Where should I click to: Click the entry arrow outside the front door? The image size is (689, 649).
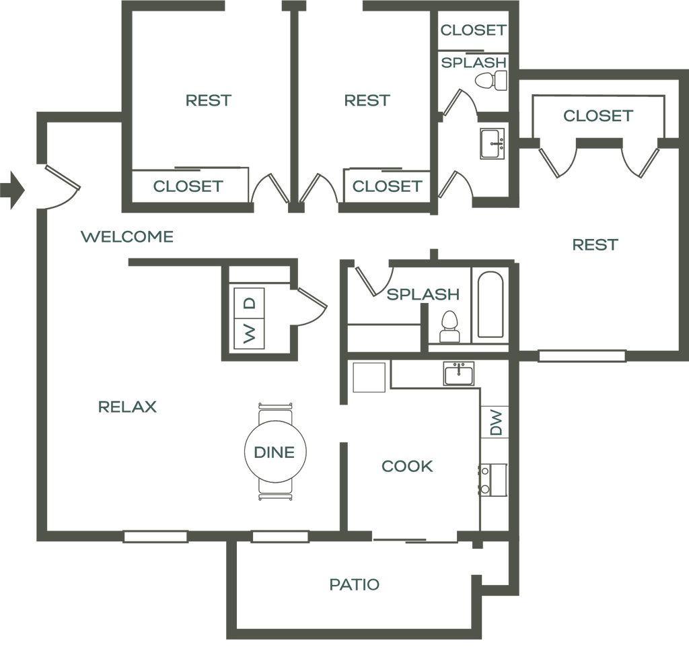point(13,190)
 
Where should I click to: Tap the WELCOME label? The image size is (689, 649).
point(127,237)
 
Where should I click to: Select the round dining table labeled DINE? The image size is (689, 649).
point(275,452)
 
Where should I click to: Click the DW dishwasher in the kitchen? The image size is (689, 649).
point(495,422)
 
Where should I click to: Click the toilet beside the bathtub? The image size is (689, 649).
point(449,327)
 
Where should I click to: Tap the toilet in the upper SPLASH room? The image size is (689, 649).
point(491,81)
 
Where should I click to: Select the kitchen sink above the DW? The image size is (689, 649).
point(459,374)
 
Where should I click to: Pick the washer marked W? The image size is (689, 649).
point(249,334)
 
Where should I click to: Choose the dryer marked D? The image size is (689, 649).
point(249,303)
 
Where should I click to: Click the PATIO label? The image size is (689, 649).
point(355,585)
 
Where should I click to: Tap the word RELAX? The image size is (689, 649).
point(127,407)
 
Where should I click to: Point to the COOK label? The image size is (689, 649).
point(407,466)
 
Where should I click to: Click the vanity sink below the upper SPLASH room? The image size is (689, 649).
point(492,144)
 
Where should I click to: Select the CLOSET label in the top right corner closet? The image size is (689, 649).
point(474,30)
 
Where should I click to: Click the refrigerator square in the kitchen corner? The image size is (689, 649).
point(369,377)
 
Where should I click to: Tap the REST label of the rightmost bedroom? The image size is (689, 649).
point(595,244)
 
